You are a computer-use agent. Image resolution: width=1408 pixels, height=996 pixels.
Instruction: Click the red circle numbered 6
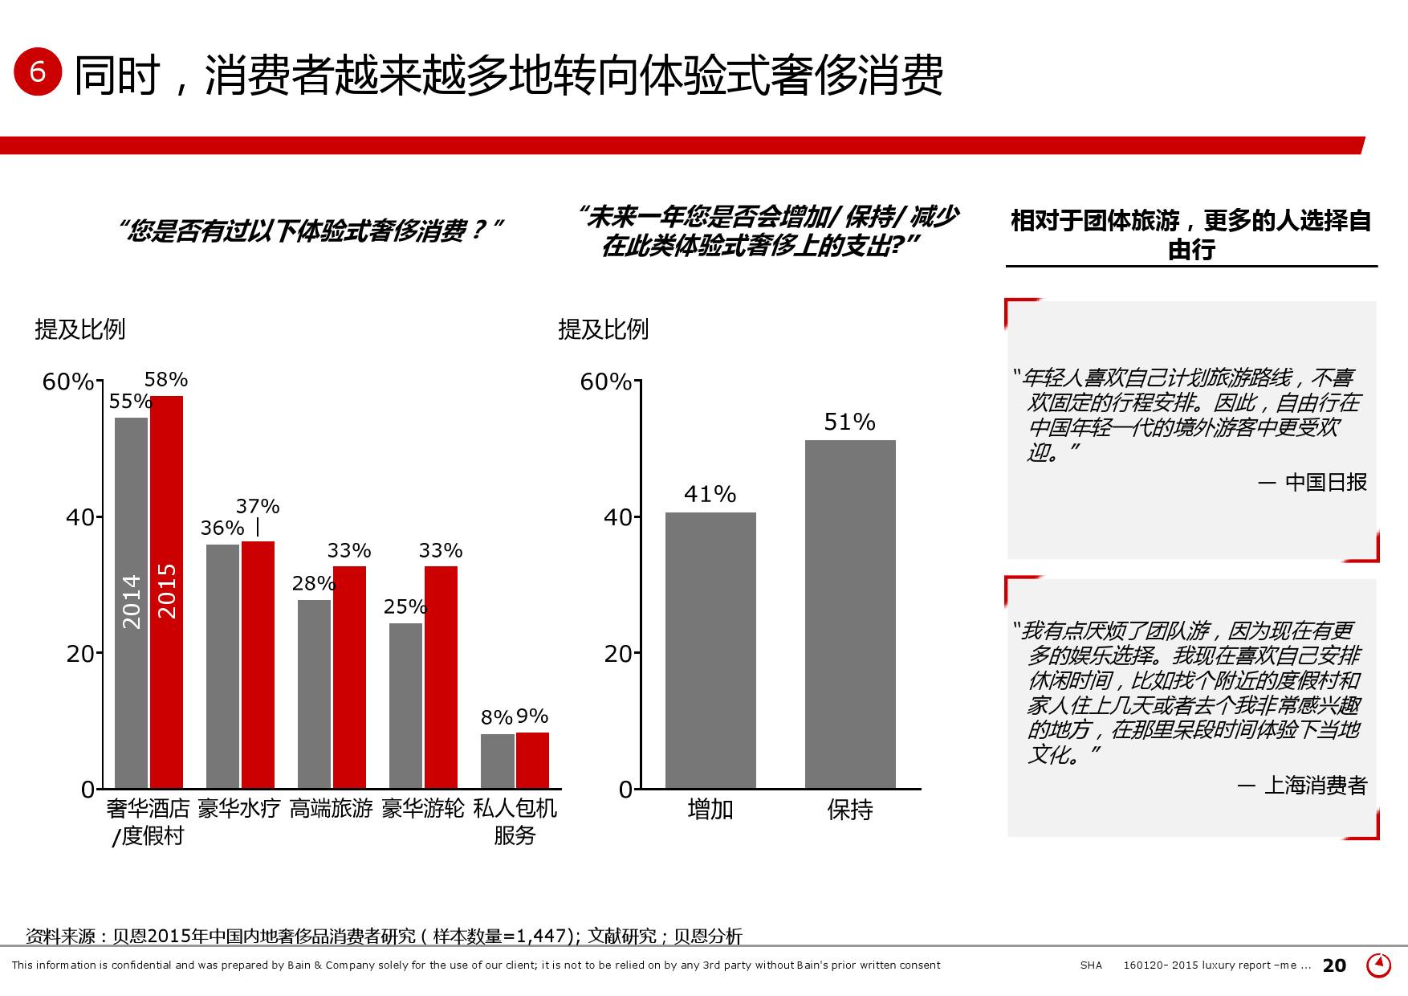[38, 71]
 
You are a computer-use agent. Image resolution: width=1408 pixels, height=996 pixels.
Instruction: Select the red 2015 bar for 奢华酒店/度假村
[167, 591]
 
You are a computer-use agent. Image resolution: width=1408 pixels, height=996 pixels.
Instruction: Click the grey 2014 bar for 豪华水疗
[222, 666]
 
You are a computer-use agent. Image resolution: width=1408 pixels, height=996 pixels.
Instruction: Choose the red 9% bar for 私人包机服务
[532, 760]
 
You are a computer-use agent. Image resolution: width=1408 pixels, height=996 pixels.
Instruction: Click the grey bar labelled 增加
[710, 650]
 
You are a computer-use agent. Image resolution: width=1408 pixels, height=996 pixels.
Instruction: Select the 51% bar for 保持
[850, 614]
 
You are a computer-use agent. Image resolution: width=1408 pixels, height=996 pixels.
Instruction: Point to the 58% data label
[166, 379]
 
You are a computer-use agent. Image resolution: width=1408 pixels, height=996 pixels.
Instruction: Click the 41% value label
[710, 494]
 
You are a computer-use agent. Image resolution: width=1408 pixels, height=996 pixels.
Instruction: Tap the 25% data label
[405, 606]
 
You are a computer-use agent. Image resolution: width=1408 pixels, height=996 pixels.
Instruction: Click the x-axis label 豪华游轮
[423, 808]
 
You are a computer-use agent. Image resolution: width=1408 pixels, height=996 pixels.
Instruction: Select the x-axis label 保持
[850, 810]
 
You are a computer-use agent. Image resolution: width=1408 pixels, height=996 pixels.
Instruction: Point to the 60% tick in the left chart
[68, 382]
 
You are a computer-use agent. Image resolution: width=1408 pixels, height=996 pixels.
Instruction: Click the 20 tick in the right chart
[618, 654]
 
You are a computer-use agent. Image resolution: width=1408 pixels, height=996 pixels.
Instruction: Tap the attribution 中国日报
[1325, 482]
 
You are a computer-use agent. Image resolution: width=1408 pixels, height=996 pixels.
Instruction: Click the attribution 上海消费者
[1315, 785]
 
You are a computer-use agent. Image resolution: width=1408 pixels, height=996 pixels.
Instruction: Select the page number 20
[1334, 965]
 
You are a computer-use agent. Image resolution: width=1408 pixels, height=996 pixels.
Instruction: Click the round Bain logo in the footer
[1378, 965]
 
